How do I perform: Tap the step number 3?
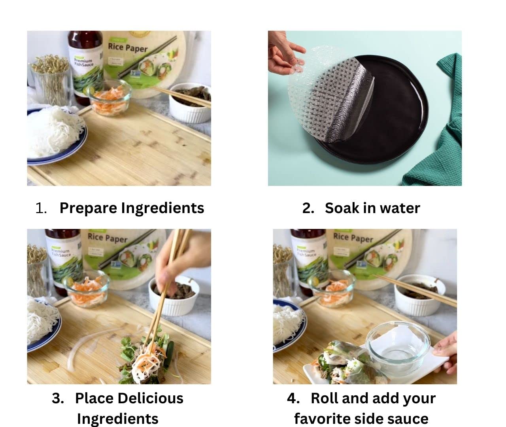[x=58, y=398]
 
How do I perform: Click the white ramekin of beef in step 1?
[x=190, y=103]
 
